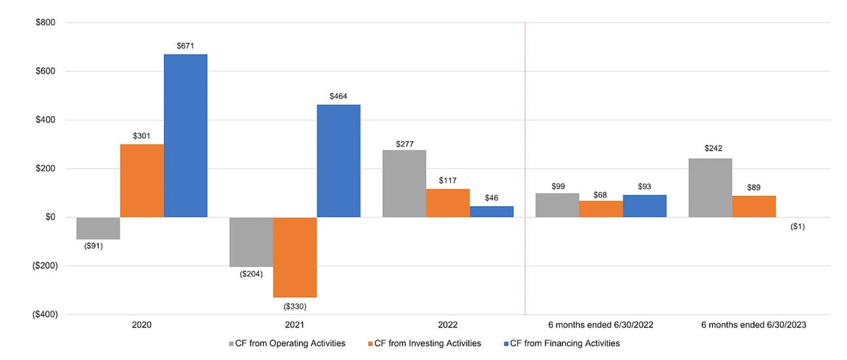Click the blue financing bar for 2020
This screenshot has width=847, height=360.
186,136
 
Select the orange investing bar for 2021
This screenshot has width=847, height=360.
295,257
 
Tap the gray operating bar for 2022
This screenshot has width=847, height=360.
404,184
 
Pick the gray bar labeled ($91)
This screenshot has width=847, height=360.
98,228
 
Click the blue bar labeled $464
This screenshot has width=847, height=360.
338,161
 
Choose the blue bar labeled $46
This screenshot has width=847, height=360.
492,212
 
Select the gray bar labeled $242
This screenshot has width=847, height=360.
710,188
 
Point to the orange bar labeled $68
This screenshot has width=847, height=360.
601,209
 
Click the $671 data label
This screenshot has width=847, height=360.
186,46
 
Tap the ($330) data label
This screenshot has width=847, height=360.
295,306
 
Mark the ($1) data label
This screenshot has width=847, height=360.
798,227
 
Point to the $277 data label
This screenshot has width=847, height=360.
404,142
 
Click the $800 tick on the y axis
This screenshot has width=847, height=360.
46,23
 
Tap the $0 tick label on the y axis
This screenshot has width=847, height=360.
50,217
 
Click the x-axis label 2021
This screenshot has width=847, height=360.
295,325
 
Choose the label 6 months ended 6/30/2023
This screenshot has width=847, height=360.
754,325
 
